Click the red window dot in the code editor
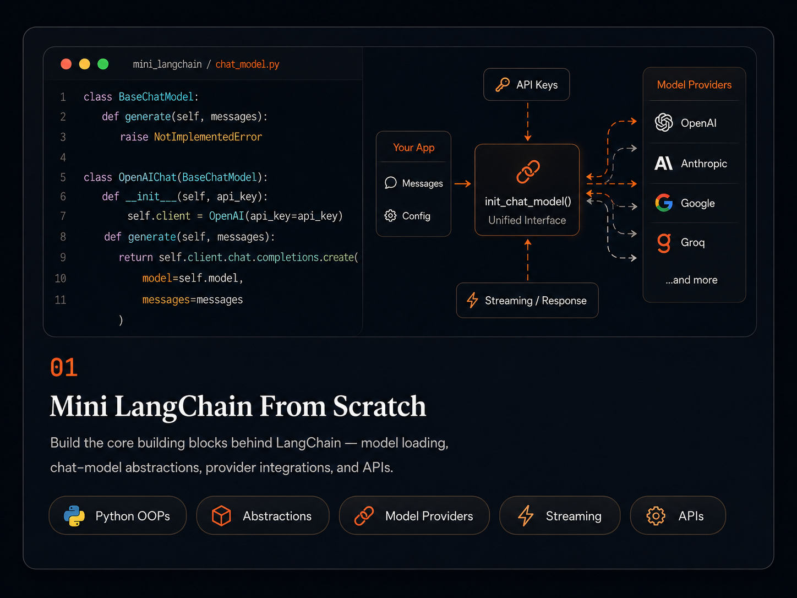66,64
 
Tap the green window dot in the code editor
103,64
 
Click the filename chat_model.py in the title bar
247,64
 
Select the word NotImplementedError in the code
208,137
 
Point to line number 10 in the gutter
61,279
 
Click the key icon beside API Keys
503,85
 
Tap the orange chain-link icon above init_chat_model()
528,172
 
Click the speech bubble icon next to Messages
390,183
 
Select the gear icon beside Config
390,216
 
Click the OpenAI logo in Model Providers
664,122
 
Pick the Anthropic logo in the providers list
663,164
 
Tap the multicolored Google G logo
664,203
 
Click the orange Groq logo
664,243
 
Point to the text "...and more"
691,280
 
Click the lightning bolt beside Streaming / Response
472,300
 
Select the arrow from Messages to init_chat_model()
462,184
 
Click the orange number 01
64,367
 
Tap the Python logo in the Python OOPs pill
74,516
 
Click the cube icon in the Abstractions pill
221,515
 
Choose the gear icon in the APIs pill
656,516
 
